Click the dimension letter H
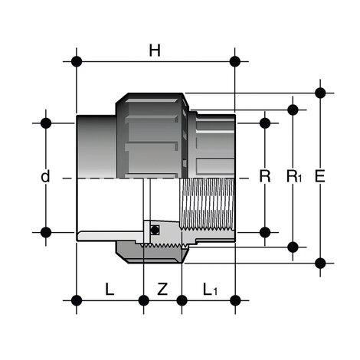point(155,51)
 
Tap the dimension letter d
point(45,176)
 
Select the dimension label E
point(319,176)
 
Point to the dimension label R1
point(294,176)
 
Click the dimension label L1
point(210,290)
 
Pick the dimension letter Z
point(162,289)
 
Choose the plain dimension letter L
point(110,289)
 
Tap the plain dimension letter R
point(265,176)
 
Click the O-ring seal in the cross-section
point(155,230)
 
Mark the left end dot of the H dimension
point(77,61)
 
